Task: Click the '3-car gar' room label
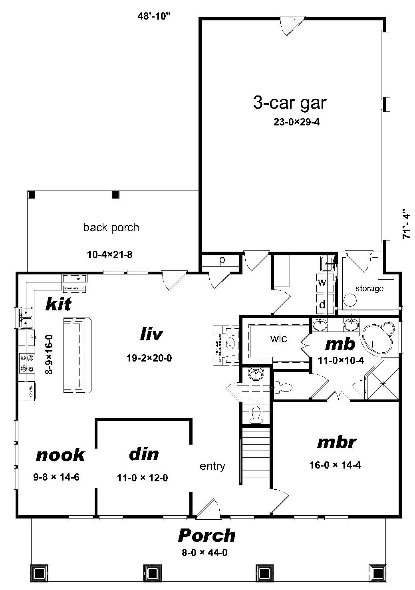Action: (x=290, y=103)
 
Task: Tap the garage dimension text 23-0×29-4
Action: (x=296, y=122)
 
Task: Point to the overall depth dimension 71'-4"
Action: (x=407, y=224)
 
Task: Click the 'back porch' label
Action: (x=111, y=228)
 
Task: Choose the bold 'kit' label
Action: (x=58, y=304)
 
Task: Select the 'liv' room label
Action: (x=151, y=334)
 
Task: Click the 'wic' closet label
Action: (x=278, y=339)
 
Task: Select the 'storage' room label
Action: (x=369, y=288)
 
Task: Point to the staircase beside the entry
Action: (x=256, y=455)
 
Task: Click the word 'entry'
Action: (x=212, y=466)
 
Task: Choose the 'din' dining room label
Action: (x=144, y=454)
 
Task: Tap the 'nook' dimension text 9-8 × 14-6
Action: (x=56, y=477)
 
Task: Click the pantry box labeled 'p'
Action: (x=222, y=260)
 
